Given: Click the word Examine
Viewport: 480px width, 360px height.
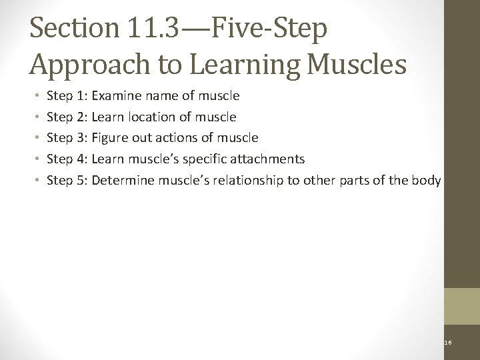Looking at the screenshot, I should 117,96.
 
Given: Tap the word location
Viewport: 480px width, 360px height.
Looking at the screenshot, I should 152,117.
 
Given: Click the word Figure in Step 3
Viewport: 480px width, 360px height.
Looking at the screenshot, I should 109,138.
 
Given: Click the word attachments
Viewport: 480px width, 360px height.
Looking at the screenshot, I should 270,159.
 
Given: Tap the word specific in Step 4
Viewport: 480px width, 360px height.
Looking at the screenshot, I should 211,159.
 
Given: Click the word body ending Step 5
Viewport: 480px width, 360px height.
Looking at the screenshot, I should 427,179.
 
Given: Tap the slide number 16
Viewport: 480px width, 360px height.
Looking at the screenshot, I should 448,343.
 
